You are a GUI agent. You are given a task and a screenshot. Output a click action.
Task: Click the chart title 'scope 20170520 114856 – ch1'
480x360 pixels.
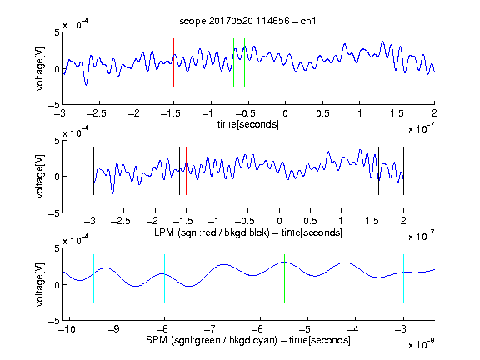point(247,21)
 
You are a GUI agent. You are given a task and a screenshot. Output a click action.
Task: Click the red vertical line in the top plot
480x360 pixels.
point(173,63)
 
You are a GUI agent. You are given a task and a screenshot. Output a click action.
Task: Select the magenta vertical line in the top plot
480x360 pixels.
point(397,63)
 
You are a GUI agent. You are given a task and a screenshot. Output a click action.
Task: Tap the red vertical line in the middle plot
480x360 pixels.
point(186,171)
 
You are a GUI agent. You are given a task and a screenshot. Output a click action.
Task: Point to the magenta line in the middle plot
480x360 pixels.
point(372,171)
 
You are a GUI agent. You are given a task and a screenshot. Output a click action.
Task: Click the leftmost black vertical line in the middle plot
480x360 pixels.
point(93,171)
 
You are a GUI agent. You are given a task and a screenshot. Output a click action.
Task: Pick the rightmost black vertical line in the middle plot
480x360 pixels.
point(403,171)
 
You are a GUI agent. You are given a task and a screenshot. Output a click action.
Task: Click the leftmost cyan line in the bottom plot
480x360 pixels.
point(93,278)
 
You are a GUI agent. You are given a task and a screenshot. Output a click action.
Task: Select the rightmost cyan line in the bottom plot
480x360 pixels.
point(403,278)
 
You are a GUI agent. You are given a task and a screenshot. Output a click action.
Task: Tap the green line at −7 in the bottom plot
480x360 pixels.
point(212,278)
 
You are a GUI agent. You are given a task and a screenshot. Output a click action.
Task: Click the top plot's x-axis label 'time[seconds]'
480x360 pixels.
point(248,124)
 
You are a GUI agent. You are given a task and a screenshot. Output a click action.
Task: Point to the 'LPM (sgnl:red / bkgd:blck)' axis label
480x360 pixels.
point(212,232)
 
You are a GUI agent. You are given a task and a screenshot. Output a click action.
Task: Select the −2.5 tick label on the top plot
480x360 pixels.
point(96,113)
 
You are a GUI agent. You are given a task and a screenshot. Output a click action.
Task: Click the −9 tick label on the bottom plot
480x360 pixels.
point(114,329)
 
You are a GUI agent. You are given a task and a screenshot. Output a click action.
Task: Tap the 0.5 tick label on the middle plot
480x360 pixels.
point(310,221)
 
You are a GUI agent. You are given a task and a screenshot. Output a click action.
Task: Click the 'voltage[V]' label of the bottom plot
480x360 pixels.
point(40,284)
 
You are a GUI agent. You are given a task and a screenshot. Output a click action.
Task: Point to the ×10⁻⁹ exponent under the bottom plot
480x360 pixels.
point(422,344)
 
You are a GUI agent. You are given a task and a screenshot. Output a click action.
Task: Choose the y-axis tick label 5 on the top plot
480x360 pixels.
point(57,32)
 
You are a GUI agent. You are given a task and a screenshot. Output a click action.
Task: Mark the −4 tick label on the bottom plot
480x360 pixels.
point(353,329)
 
